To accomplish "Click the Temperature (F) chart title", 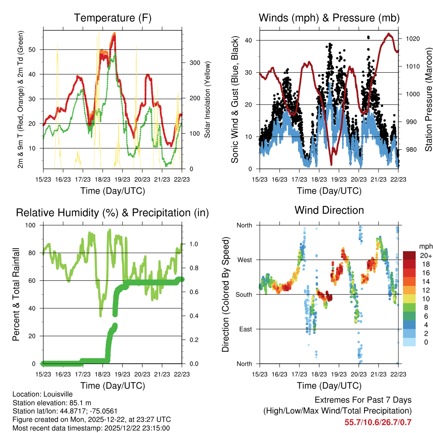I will [112, 18].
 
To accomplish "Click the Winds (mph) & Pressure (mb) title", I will [329, 18].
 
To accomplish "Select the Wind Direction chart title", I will [329, 210].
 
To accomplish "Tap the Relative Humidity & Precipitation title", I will [112, 213].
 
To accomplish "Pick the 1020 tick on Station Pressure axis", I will [413, 38].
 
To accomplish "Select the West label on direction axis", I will [244, 260].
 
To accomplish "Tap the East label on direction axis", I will [245, 329].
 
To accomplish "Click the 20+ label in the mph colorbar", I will [425, 255].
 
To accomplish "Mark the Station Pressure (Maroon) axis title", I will [428, 93].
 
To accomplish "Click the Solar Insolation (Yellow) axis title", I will [208, 99].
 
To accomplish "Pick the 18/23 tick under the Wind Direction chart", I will [319, 374].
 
